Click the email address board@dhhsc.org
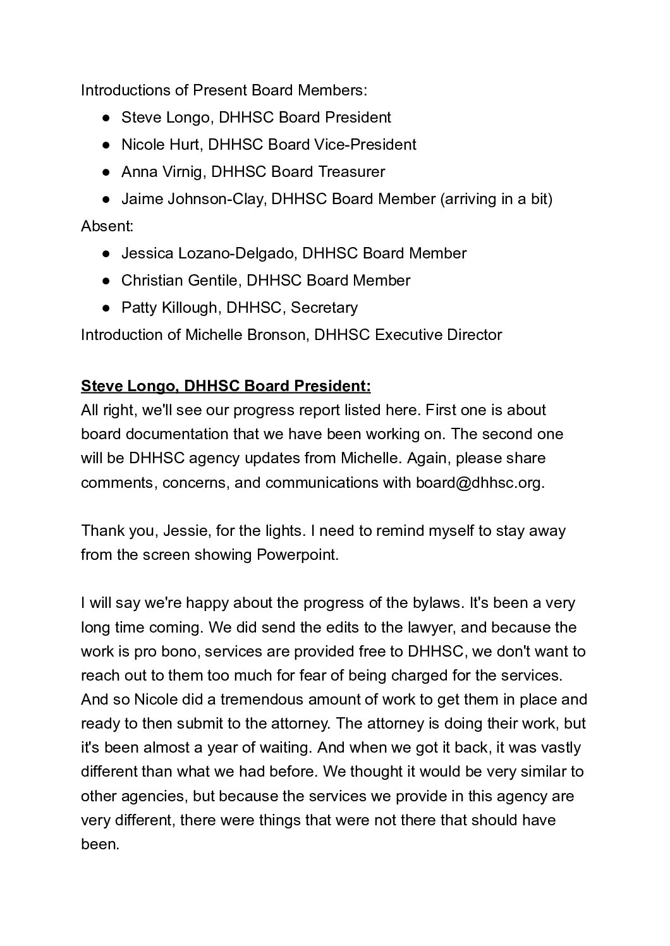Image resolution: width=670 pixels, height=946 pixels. point(479,483)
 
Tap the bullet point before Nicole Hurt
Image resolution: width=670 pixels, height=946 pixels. point(108,145)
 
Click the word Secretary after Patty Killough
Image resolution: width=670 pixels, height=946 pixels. point(324,308)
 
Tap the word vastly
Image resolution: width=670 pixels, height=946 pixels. point(561,748)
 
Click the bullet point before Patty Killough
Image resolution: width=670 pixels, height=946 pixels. point(108,308)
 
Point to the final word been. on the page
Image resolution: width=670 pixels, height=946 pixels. point(100,844)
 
